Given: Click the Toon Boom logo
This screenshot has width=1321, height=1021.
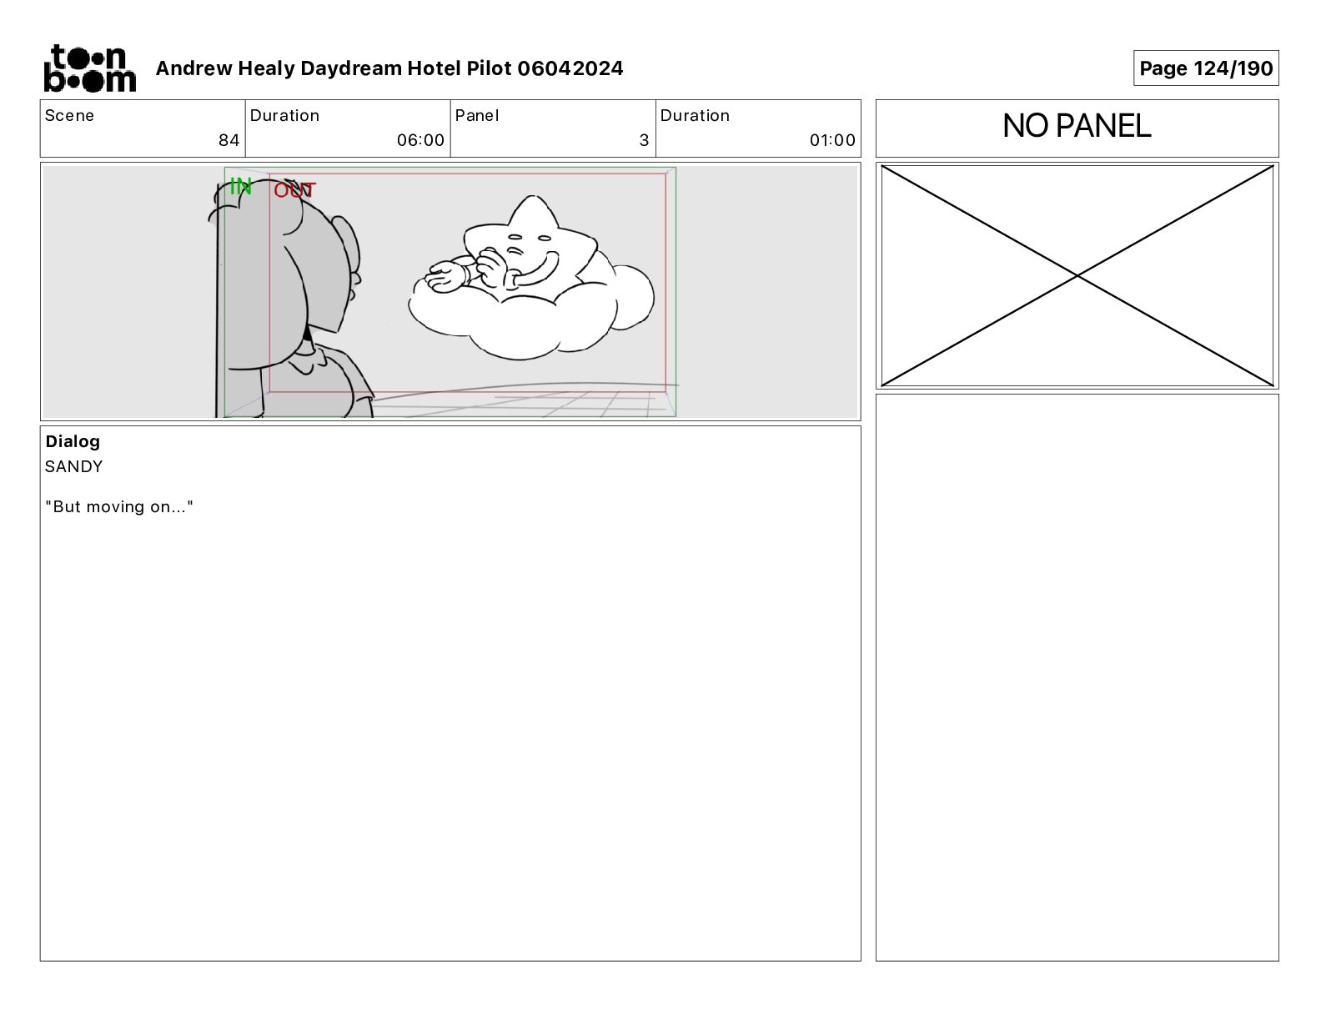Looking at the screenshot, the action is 90,68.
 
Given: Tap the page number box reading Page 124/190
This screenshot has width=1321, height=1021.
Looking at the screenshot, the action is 1206,68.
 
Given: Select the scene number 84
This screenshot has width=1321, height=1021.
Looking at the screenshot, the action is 229,140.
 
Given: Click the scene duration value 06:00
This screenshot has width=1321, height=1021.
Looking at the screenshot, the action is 420,140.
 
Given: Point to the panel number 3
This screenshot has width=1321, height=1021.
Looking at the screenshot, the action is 645,140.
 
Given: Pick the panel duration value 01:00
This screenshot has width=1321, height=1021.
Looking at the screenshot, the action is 832,140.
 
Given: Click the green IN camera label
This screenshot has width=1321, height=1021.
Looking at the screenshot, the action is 241,186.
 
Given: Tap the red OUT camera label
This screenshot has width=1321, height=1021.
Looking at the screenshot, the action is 294,190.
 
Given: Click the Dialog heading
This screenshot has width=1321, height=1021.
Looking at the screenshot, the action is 73,441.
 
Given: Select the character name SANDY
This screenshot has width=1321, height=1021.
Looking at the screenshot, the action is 73,466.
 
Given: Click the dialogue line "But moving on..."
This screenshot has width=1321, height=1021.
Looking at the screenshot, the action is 119,506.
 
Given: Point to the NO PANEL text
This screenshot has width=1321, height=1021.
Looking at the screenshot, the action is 1077,126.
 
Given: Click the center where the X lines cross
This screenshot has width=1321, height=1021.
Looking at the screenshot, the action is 1077,276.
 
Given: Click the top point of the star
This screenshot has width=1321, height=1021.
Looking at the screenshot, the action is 533,196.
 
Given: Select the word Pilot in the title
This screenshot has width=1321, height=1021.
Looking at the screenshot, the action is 489,68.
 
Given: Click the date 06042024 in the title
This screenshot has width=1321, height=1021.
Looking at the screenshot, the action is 570,68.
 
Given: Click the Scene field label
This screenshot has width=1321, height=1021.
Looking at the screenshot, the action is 69,116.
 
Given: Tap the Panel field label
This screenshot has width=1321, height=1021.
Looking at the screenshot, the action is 476,116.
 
